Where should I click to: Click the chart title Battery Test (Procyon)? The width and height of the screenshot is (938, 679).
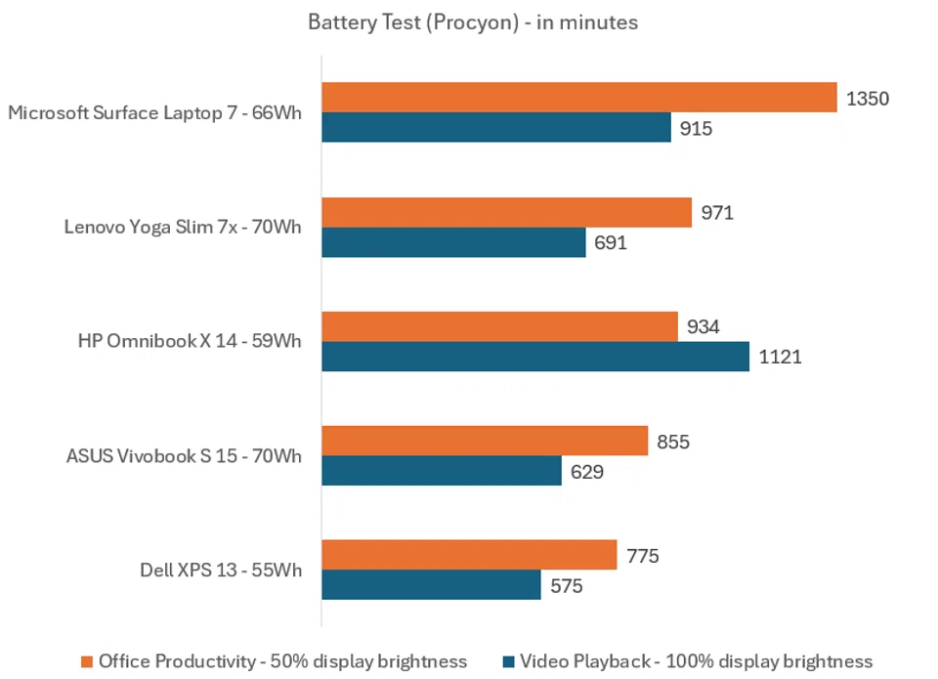473,21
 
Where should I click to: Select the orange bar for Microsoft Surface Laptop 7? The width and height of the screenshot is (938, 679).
578,98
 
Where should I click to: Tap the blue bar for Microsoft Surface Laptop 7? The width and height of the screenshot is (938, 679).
496,128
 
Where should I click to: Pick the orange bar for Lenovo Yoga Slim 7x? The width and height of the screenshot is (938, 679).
506,212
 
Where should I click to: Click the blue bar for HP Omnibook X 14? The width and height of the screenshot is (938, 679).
535,357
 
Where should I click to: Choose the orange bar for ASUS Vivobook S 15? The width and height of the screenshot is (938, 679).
485,441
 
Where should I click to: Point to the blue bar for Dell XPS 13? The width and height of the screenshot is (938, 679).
431,585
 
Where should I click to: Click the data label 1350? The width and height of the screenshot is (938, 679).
868,98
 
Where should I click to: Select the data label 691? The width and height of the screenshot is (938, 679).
610,242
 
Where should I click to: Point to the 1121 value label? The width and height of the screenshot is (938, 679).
780,357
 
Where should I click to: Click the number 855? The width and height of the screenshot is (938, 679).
673,442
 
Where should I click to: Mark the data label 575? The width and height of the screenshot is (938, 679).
565,586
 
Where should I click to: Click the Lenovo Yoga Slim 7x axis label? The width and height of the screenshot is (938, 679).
183,227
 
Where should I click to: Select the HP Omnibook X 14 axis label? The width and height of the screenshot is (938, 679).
190,341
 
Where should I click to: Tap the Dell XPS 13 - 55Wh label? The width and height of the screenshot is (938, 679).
221,570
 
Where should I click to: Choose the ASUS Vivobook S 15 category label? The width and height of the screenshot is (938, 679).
184,455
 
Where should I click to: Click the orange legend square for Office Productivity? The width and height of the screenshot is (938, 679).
86,661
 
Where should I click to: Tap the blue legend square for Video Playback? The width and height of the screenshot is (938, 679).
507,661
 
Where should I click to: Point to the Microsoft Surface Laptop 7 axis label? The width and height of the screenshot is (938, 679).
154,112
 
